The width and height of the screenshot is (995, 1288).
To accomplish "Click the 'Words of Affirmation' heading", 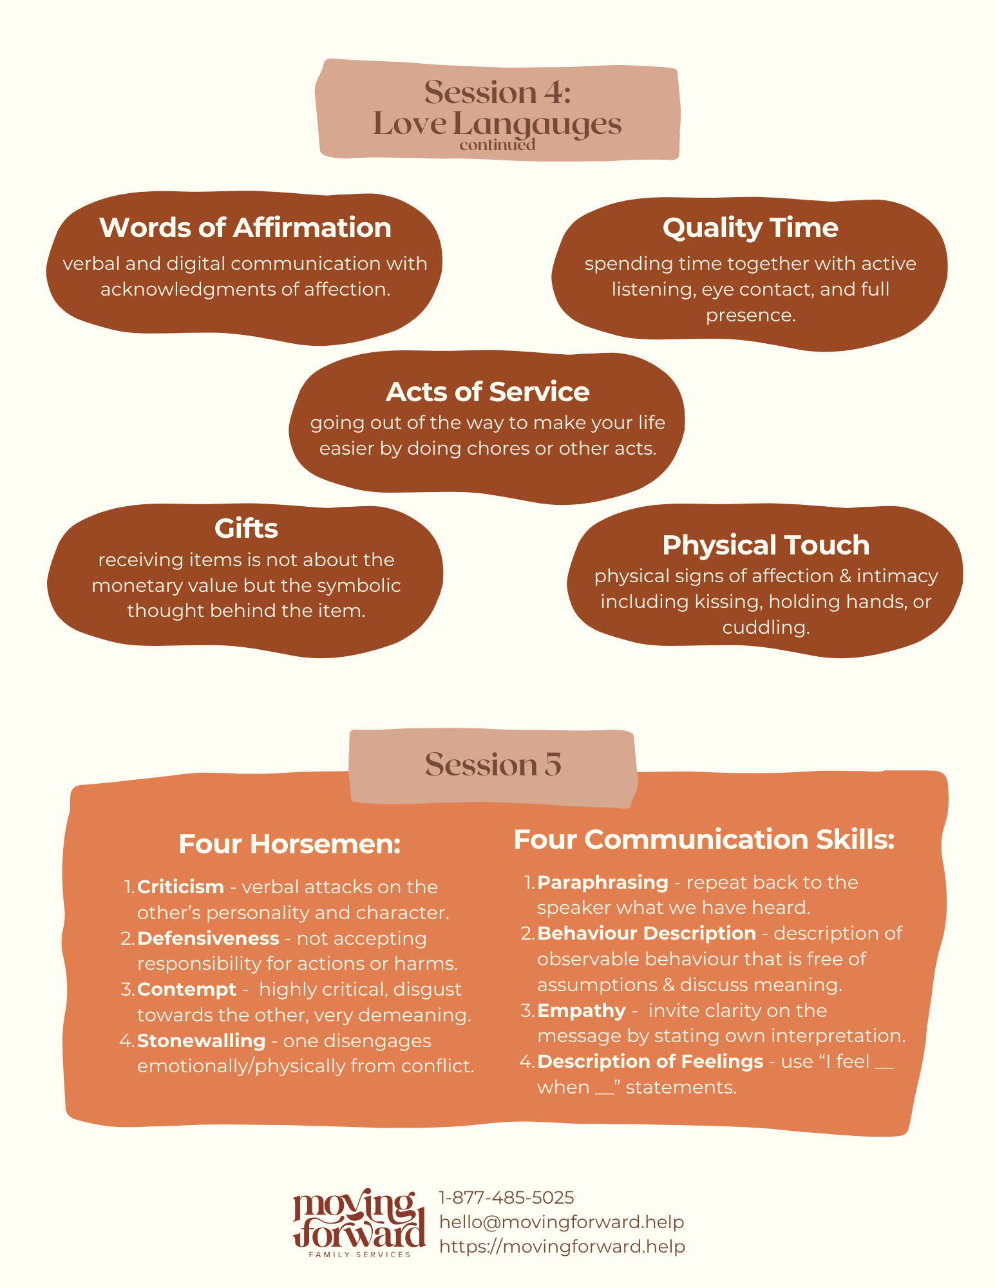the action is (245, 228).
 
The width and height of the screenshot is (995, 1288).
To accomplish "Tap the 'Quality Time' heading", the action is (750, 229).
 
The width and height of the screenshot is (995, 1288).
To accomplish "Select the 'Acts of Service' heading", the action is (488, 392).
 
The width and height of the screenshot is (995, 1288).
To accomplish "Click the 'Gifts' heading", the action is (246, 529).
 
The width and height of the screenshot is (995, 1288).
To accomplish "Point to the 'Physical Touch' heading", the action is (766, 545).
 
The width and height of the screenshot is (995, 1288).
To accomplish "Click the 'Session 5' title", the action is (493, 764).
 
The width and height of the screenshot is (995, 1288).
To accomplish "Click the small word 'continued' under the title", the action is (497, 145).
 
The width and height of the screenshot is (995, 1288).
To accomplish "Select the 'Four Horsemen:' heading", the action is (290, 844).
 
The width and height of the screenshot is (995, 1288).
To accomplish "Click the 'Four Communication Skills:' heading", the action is (705, 840).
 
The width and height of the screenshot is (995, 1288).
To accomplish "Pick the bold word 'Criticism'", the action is (180, 887).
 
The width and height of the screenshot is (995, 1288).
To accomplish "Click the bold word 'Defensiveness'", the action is (208, 938).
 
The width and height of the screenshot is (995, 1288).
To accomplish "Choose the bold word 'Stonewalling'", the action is (202, 1041).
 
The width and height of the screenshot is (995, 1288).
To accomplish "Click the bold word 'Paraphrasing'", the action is (603, 883).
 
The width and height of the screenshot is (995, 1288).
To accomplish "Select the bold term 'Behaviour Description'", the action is (647, 934).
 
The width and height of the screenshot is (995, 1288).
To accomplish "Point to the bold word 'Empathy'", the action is (582, 1011).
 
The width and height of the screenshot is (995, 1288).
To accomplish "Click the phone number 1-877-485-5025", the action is (506, 1198).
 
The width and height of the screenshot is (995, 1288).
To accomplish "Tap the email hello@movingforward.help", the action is (562, 1222).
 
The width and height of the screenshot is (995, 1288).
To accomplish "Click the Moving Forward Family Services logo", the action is (359, 1223).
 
